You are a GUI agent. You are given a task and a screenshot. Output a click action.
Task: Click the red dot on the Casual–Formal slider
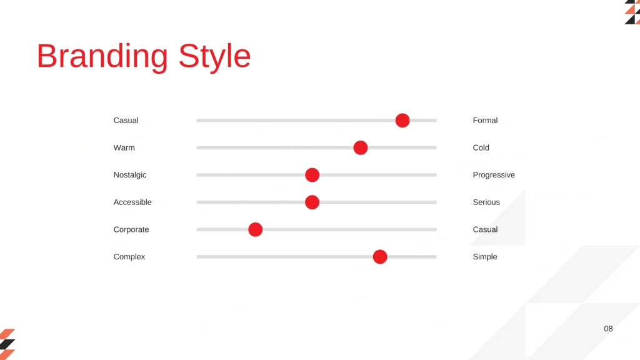[402, 121]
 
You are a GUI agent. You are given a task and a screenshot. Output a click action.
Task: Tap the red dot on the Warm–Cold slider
[361, 147]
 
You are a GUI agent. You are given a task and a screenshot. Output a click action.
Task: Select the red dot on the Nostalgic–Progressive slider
[312, 175]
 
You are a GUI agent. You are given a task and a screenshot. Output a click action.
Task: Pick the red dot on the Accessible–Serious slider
[312, 202]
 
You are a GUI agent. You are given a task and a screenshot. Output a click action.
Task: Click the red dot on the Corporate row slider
[256, 229]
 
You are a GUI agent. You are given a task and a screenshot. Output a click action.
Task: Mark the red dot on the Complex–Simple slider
[380, 257]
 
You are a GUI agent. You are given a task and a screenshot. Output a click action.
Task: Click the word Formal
[485, 121]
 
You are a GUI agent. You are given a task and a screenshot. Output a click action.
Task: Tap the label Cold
[481, 147]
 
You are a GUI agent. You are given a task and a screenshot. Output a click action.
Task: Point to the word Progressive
[494, 175]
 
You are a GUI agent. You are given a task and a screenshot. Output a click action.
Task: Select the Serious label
[486, 202]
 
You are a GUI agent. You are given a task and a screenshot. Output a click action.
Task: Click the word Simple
[485, 257]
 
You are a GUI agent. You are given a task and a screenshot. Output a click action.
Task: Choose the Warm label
[124, 147]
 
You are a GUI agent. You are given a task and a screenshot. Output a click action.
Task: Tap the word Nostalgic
[130, 175]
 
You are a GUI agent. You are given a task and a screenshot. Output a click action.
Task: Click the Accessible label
[132, 202]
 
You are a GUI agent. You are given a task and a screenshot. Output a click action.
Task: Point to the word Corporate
[131, 229]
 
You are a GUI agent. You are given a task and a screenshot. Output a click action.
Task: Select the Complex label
[129, 257]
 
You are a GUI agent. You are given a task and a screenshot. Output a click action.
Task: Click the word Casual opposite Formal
[126, 121]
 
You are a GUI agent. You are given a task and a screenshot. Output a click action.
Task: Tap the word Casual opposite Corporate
[485, 229]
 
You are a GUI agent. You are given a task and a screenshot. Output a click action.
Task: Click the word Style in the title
[215, 57]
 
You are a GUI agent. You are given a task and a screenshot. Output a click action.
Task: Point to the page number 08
[608, 329]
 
